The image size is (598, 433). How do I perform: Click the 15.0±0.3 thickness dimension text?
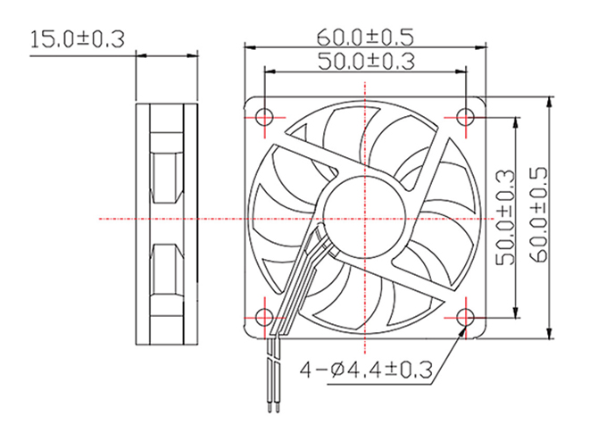click(78, 39)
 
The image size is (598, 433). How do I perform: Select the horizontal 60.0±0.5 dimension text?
click(365, 37)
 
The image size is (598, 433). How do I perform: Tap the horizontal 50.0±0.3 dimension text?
click(366, 61)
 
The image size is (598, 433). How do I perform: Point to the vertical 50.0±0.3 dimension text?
click(504, 218)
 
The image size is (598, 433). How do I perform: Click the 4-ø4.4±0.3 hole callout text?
click(366, 370)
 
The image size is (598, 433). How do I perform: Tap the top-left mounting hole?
click(264, 117)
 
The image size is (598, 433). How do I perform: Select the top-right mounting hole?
click(466, 117)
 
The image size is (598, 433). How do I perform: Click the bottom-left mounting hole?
click(264, 318)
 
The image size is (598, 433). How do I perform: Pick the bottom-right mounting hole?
click(466, 318)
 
